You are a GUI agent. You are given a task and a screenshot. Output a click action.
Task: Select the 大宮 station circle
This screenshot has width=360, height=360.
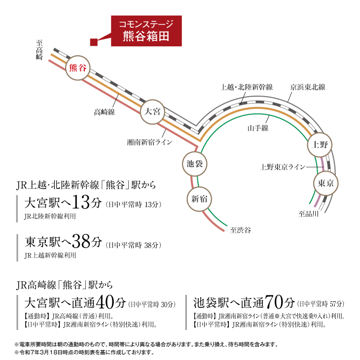click(x=152, y=111)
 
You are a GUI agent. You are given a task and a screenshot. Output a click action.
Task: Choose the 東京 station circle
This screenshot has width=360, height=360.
click(x=325, y=183)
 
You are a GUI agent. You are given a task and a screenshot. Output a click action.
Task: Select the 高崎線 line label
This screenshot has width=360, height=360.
click(x=104, y=112)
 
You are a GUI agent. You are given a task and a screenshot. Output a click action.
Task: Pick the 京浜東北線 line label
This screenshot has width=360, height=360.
click(x=308, y=87)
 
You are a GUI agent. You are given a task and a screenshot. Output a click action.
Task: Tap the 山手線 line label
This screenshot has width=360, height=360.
click(x=257, y=128)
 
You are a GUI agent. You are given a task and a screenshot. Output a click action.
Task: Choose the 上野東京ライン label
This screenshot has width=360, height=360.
click(x=283, y=167)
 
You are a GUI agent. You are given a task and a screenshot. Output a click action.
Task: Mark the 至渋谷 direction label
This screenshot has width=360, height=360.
click(x=241, y=230)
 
